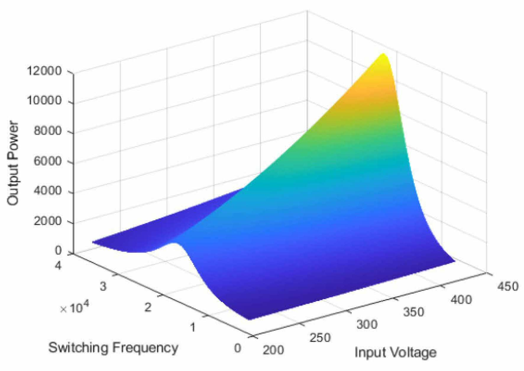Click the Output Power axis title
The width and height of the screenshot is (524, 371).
[x=13, y=163]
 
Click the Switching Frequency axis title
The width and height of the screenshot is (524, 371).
[x=113, y=348]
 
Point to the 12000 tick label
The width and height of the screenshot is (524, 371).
[x=44, y=71]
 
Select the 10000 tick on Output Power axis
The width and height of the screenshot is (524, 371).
[x=44, y=101]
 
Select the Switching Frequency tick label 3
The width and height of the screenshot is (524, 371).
[x=103, y=287]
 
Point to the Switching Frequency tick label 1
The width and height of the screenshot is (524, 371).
[x=193, y=327]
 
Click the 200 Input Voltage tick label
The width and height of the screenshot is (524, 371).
[x=273, y=350]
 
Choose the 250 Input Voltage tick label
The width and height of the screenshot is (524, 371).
[x=320, y=338]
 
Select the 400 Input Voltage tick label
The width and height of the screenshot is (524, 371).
[x=461, y=300]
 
